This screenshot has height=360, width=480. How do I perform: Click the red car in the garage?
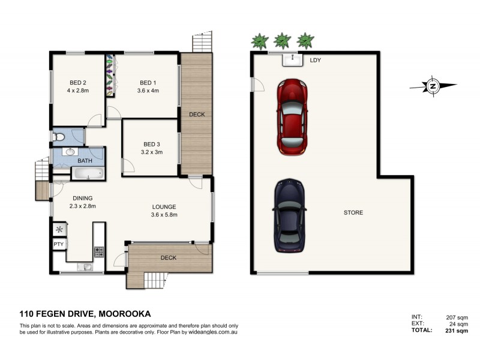292,118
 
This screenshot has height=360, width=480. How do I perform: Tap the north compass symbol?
432,86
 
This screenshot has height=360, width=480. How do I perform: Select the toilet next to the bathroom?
59,137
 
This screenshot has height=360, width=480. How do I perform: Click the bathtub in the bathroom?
88,175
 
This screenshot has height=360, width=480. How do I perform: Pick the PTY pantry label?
58,244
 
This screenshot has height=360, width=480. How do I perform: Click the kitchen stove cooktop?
99,250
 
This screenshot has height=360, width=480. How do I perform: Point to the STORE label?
353,213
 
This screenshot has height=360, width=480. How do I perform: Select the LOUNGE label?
164,207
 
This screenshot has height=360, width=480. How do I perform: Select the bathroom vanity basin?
68,152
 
